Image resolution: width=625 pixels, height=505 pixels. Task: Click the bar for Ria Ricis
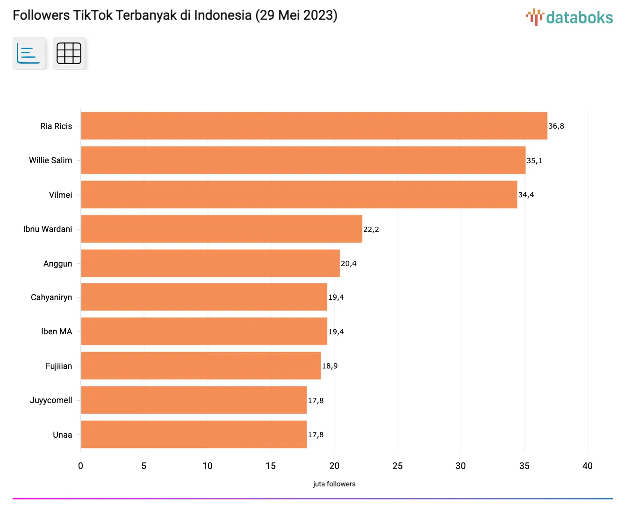(314, 126)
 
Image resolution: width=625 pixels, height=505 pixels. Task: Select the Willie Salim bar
(303, 160)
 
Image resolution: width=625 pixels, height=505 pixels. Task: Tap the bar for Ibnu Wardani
(222, 229)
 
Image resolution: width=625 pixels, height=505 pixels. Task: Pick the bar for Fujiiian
(201, 366)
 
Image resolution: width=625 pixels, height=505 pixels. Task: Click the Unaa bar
(194, 434)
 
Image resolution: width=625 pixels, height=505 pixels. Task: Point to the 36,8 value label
(556, 126)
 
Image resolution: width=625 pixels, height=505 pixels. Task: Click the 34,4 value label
(526, 195)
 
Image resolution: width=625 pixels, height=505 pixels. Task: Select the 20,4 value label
(349, 264)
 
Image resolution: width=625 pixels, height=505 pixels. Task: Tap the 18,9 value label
(330, 366)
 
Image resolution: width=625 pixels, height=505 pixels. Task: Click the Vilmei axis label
(60, 195)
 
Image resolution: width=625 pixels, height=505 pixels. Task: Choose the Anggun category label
(57, 264)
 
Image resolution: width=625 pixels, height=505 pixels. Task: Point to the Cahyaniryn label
(51, 297)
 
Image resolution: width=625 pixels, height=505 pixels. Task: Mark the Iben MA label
(57, 332)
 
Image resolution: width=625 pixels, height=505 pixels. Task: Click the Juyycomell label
(51, 400)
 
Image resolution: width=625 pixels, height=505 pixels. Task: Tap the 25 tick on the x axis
(397, 466)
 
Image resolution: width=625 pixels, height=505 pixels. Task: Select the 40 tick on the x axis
(587, 466)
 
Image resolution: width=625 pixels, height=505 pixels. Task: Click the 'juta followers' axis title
(334, 484)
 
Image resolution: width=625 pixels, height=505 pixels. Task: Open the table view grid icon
(69, 53)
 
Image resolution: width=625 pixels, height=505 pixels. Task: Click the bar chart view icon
(29, 53)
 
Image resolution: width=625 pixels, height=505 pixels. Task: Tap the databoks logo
(569, 17)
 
